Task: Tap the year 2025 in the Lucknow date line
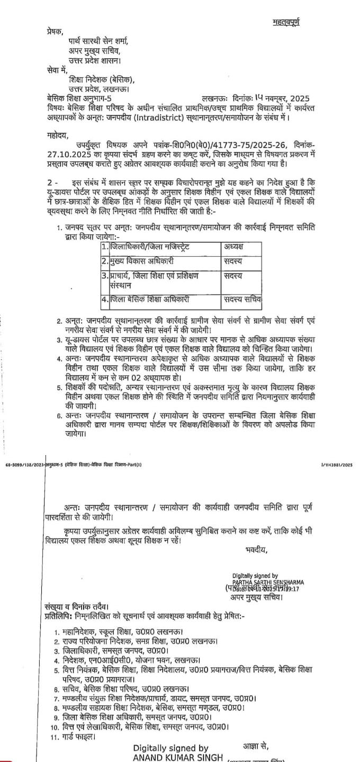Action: click(x=298, y=98)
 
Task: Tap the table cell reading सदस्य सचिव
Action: click(x=242, y=299)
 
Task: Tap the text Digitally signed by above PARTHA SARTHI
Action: click(x=255, y=575)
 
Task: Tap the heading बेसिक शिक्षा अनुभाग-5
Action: click(x=79, y=98)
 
